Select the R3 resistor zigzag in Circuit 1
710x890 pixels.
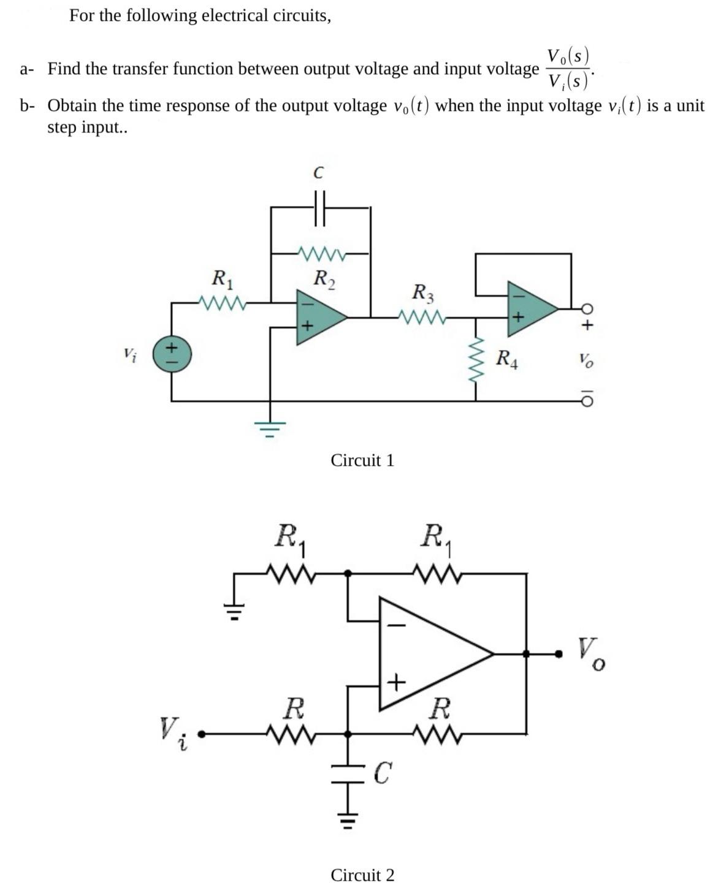pos(421,317)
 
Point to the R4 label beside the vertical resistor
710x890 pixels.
pos(507,359)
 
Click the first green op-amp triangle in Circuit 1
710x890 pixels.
pos(319,314)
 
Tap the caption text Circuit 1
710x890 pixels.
pos(362,460)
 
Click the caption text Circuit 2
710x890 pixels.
pos(362,875)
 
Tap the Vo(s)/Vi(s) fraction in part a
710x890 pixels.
pos(568,68)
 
